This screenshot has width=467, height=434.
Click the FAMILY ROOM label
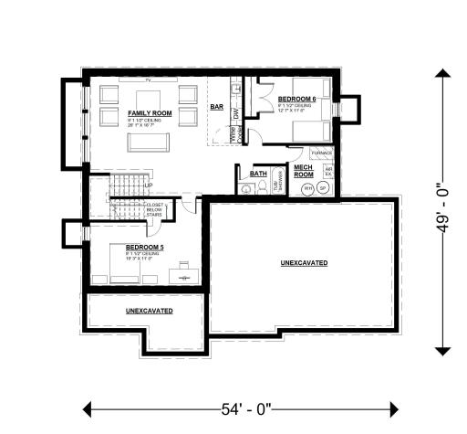pyautogui.click(x=146, y=112)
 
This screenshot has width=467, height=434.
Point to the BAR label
pyautogui.click(x=217, y=107)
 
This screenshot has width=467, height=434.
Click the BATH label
pyautogui.click(x=258, y=173)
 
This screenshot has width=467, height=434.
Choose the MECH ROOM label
pyautogui.click(x=303, y=172)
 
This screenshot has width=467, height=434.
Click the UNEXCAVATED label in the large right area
pyautogui.click(x=304, y=263)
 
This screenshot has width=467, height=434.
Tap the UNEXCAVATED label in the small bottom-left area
pyautogui.click(x=149, y=311)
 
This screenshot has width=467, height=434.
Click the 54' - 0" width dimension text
pyautogui.click(x=241, y=408)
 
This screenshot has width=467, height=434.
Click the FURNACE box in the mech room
pyautogui.click(x=322, y=153)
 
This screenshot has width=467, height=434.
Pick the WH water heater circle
pyautogui.click(x=308, y=189)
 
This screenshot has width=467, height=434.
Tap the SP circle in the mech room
pyautogui.click(x=324, y=189)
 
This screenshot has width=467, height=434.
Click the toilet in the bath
pyautogui.click(x=247, y=188)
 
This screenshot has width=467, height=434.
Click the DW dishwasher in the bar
pyautogui.click(x=234, y=113)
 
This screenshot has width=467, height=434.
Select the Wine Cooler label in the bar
pyautogui.click(x=233, y=135)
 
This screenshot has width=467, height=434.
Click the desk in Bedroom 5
pyautogui.click(x=184, y=271)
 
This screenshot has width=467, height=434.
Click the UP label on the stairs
pyautogui.click(x=148, y=185)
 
